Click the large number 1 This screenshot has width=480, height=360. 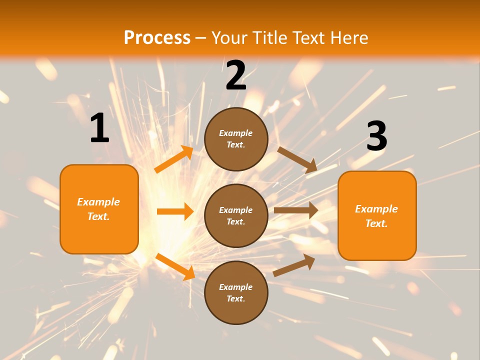click(x=99, y=128)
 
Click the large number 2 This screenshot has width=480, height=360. click(x=236, y=76)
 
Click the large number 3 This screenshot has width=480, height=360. click(x=376, y=136)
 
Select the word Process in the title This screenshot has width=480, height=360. click(x=157, y=37)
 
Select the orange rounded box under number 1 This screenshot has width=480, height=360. click(x=99, y=209)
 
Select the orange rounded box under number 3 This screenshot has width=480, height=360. click(x=377, y=215)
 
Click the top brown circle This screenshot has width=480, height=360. click(x=236, y=139)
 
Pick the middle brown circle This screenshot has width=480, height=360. click(x=236, y=215)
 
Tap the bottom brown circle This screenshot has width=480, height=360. click(x=236, y=292)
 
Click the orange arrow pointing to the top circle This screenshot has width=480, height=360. click(x=174, y=159)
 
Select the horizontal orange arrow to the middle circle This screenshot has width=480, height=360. click(x=175, y=211)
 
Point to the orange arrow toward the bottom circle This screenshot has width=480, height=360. click(x=175, y=266)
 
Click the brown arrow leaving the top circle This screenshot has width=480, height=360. click(x=297, y=159)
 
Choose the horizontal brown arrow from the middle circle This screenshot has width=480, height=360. click(x=296, y=210)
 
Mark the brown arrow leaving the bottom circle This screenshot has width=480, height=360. click(x=294, y=265)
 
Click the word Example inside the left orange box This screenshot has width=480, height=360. click(x=98, y=202)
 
